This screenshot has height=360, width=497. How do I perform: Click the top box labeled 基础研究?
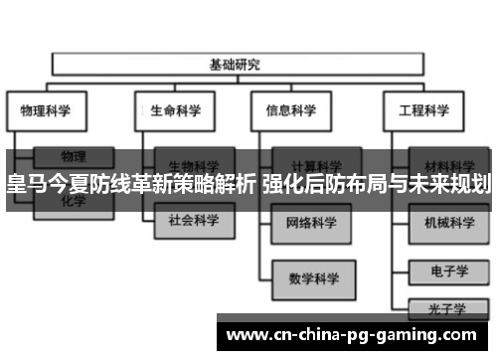pos(235,66)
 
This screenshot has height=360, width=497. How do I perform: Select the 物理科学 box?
pos(46,110)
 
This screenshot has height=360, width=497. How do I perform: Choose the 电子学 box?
pos(449,269)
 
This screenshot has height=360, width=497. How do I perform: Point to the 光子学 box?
pos(449,309)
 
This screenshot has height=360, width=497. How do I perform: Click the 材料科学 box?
pos(449,164)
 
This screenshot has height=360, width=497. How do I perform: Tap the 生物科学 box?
pos(193,164)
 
